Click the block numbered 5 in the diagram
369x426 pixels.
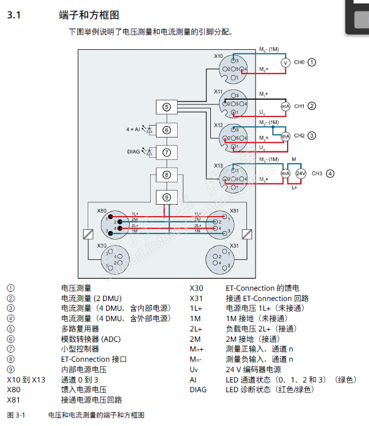tap(166, 107)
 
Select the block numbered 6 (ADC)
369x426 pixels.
tap(166, 130)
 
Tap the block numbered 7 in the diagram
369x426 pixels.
tap(166, 152)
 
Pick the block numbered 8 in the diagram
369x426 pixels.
tap(166, 175)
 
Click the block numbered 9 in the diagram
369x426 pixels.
tap(166, 197)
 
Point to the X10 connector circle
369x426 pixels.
tap(234, 69)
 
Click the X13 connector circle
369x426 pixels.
tap(234, 178)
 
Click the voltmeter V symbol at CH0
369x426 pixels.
tap(285, 62)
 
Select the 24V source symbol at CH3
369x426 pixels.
tap(300, 173)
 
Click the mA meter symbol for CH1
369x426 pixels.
tap(285, 106)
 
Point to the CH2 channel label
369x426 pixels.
tap(299, 136)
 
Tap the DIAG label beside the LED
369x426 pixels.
tap(135, 152)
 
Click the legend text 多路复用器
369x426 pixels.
tap(80, 329)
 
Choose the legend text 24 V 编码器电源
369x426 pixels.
tap(253, 370)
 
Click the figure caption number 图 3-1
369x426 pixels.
tap(18, 415)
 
